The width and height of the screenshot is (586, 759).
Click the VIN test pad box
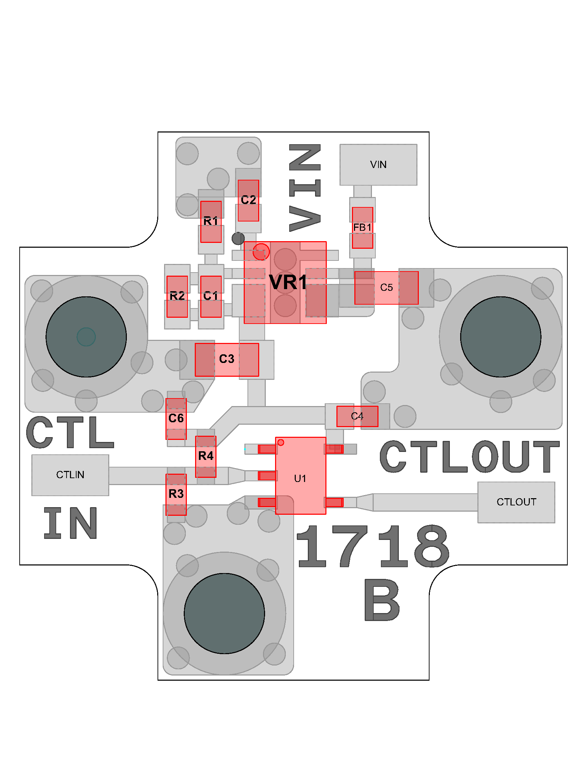pos(378,164)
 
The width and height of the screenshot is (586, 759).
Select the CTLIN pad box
pos(70,475)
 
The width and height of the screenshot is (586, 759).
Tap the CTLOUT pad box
pos(516,502)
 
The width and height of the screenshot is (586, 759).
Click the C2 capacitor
pos(248,200)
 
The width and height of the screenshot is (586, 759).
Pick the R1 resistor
pos(211,221)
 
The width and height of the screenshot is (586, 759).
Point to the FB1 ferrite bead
pos(362,228)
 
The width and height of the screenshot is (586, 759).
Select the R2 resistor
pos(177,296)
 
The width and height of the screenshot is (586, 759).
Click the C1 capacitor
pos(211,296)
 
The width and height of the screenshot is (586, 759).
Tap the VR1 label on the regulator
pos(288,282)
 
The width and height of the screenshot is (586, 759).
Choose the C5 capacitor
pos(386,288)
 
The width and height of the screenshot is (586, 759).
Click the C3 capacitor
pos(227,359)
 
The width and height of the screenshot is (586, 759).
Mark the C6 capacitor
pos(176,418)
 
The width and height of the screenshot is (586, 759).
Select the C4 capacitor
pos(357,416)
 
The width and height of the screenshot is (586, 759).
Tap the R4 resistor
pos(206,456)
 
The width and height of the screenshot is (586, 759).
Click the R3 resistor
pos(176,494)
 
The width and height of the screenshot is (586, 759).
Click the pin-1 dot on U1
pos(281,442)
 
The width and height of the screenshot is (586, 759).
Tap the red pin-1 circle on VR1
pos(261,252)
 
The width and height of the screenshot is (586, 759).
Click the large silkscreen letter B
pos(382,600)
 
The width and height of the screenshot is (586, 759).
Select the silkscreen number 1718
pos(373,546)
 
